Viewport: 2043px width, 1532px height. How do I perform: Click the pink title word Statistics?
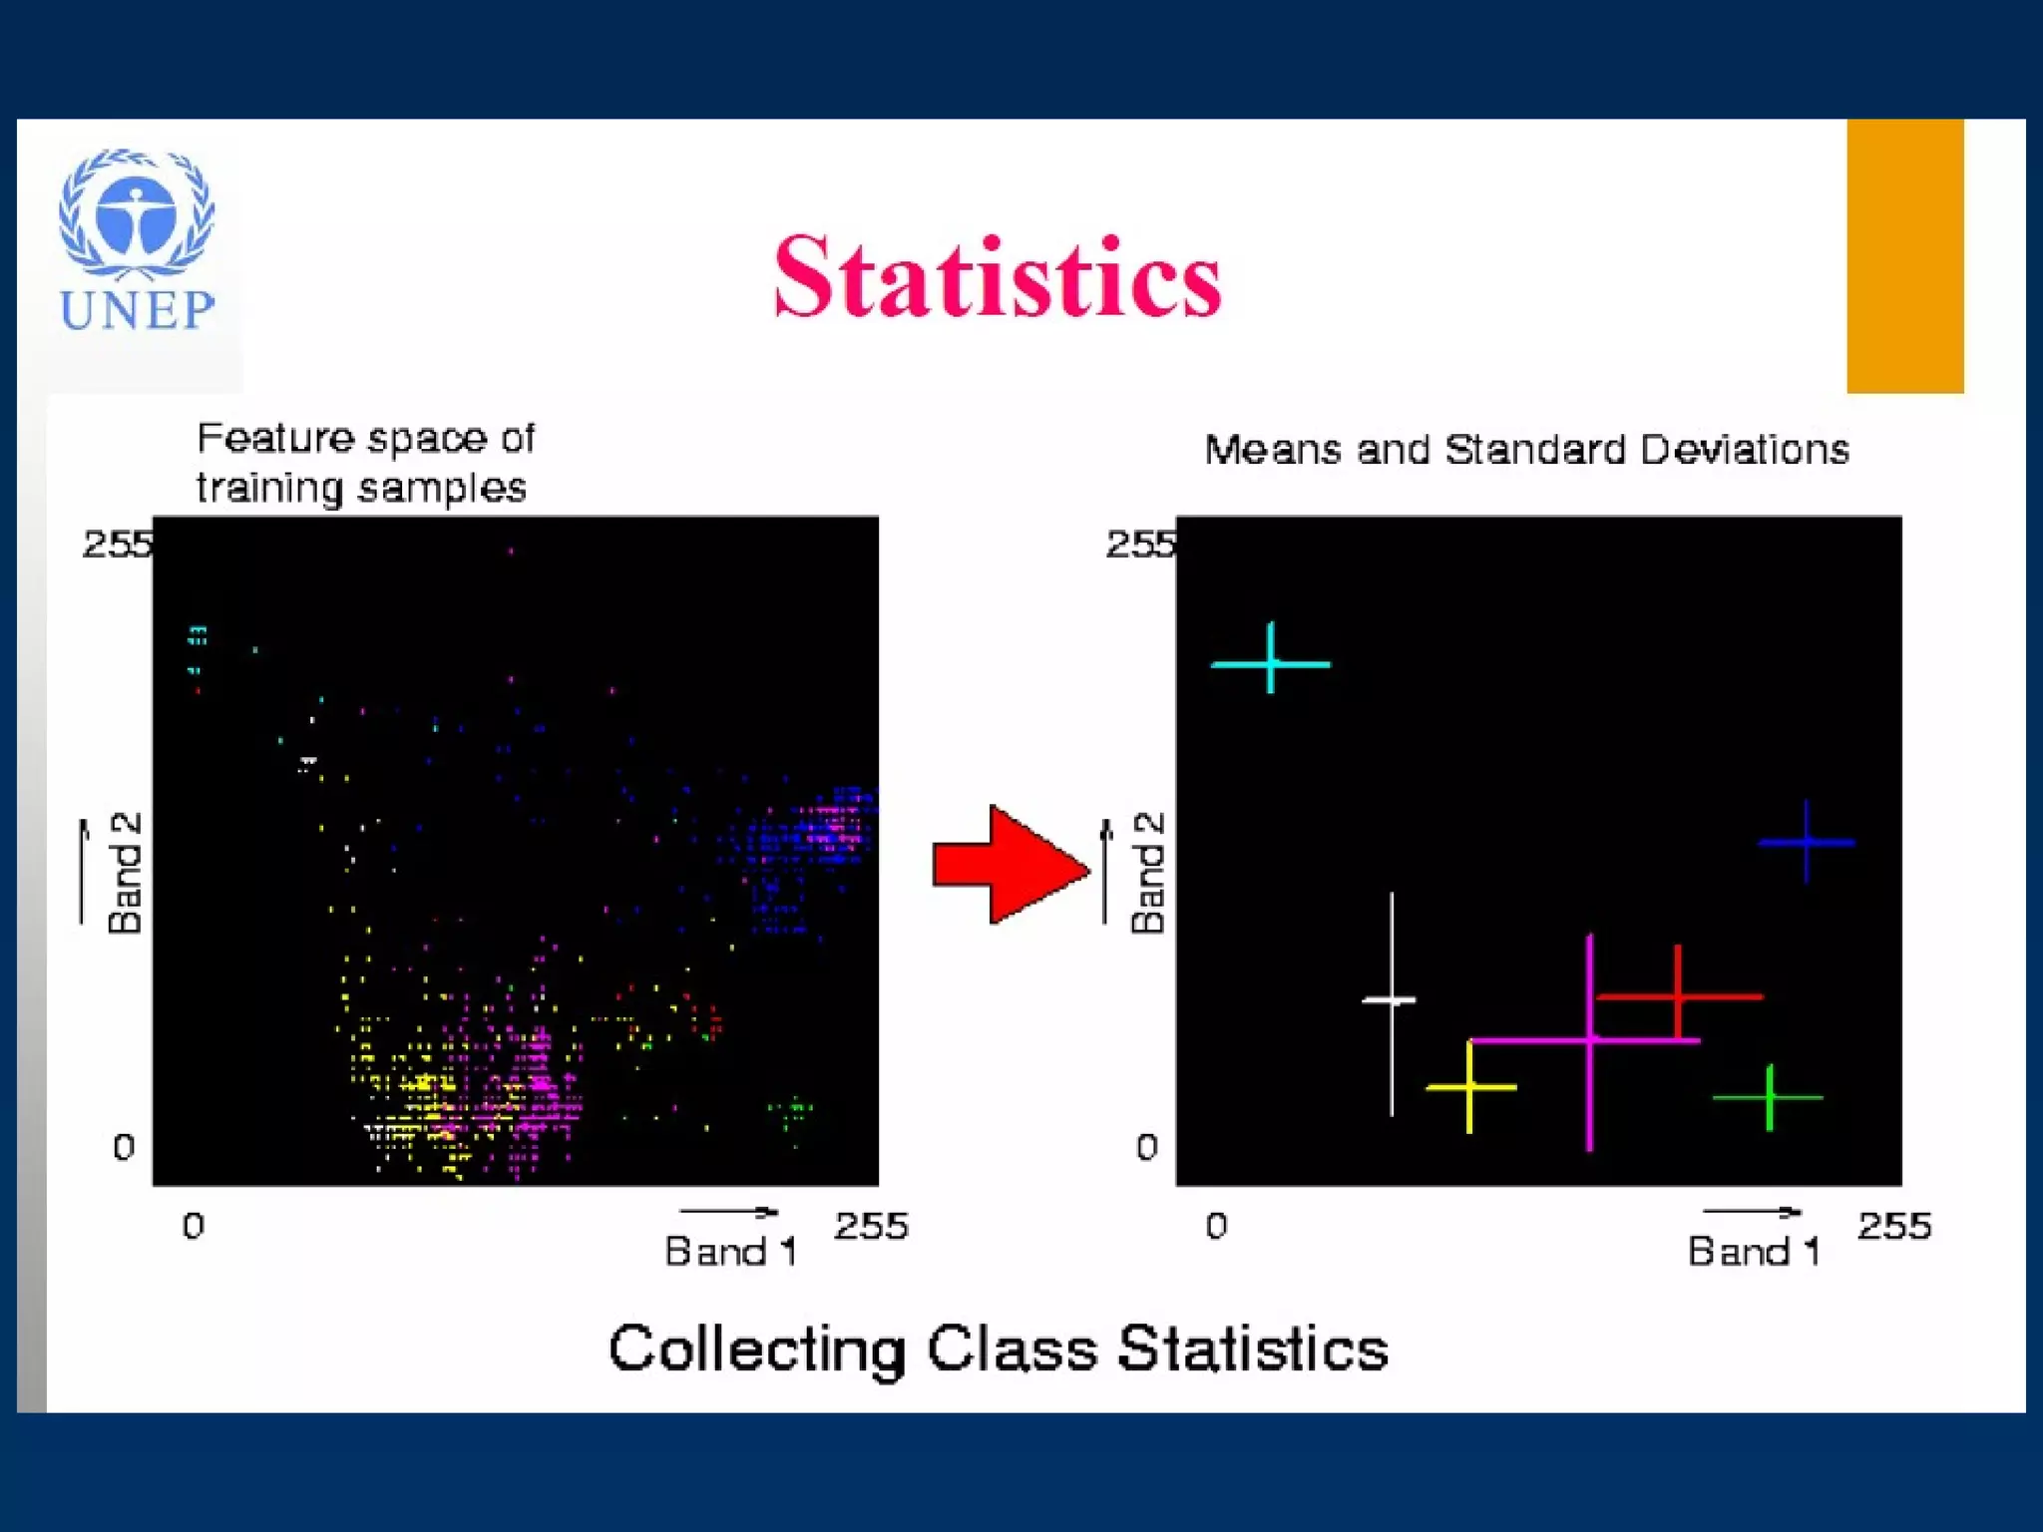[x=998, y=277]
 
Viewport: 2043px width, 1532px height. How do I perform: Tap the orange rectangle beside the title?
[x=1904, y=255]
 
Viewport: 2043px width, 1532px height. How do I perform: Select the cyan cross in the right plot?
[x=1271, y=662]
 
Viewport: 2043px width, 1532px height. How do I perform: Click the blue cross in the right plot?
[x=1807, y=843]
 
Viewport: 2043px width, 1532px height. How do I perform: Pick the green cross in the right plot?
[x=1770, y=1098]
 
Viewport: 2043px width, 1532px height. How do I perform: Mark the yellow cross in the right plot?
[x=1469, y=1087]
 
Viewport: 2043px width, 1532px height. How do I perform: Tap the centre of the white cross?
[x=1392, y=999]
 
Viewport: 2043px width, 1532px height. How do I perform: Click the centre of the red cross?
[x=1678, y=995]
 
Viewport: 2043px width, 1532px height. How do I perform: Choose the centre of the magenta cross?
[x=1589, y=1041]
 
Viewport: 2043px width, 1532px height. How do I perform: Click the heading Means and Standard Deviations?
[x=1526, y=450]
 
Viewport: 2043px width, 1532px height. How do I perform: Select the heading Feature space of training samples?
[x=365, y=463]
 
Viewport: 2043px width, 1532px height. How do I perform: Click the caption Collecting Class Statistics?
[x=998, y=1349]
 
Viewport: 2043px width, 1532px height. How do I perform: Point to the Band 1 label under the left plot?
[x=730, y=1251]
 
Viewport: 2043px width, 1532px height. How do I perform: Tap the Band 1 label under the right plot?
[x=1753, y=1251]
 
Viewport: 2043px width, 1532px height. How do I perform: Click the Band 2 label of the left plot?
[x=125, y=873]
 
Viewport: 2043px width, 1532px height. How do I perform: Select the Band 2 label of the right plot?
[x=1147, y=873]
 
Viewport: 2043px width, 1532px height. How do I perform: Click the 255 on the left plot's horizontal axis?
[x=871, y=1226]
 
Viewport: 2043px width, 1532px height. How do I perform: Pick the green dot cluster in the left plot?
[x=791, y=1109]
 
